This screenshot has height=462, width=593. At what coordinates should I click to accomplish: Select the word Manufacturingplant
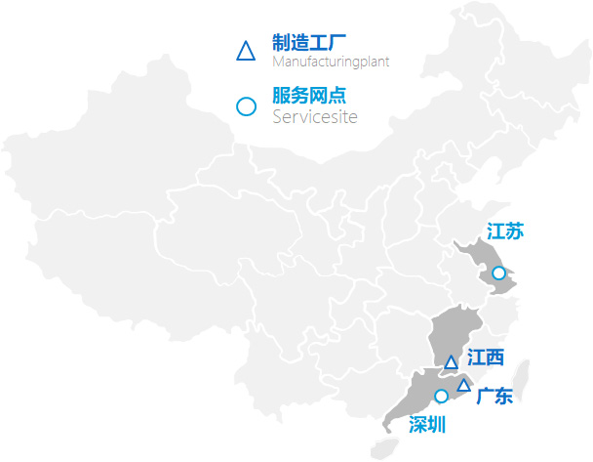point(331,62)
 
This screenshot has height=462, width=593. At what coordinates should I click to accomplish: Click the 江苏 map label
point(505,231)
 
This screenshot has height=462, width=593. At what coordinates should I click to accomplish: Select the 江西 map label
point(485,358)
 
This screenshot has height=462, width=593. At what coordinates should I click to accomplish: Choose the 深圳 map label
point(427,424)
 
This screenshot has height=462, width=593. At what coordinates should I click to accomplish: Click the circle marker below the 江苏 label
point(499,273)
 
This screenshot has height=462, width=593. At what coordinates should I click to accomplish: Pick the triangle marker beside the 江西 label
point(451,362)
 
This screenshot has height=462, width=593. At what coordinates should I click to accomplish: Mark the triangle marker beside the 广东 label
point(464,385)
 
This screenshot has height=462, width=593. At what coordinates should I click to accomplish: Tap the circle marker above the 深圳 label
point(441,397)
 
